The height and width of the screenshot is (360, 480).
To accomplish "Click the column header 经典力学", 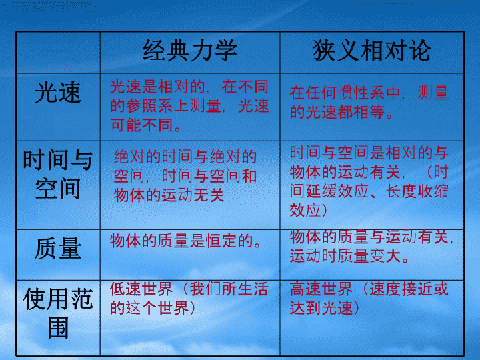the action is point(190,51).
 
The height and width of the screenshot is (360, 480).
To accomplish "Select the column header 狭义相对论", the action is point(372,51).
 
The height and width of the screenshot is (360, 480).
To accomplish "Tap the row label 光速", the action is point(58,93).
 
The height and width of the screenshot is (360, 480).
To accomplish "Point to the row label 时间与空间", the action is point(58,174).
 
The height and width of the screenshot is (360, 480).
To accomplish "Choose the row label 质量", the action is point(58,249).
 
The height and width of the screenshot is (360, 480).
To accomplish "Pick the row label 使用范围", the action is point(58,313).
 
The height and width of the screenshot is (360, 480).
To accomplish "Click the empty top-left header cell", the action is point(58,53).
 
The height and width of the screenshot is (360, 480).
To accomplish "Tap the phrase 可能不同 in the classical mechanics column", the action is point(142,125).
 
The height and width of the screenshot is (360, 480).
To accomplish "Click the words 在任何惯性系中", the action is point(345,93).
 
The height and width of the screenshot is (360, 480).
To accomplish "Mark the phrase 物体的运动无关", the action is point(169,195).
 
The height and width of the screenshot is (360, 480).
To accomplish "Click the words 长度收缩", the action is point(417,191).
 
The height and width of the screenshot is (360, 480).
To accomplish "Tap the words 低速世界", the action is point(141,289).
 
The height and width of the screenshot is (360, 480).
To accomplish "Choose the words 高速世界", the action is point(321,289).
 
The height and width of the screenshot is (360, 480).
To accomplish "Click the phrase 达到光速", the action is point(321,308).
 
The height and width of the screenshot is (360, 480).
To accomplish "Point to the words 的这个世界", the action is point(149,308).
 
